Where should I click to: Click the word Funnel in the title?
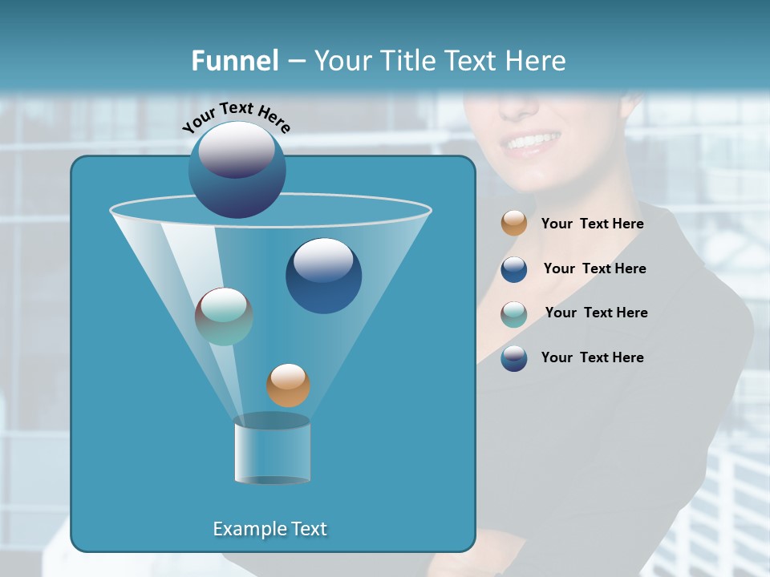234,61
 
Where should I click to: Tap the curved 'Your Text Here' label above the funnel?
237,118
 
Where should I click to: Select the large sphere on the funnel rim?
237,169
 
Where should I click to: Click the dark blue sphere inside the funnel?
323,276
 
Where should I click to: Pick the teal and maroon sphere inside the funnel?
224,317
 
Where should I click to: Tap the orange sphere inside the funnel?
288,385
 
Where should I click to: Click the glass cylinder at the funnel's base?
272,450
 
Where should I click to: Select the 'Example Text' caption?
269,529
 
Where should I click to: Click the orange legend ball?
514,224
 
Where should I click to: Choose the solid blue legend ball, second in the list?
514,269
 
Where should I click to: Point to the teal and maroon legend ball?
514,313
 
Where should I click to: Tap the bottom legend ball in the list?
514,358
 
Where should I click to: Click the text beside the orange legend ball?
592,224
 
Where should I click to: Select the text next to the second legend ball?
594,269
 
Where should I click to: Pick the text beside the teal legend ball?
596,313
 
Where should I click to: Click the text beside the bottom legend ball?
592,358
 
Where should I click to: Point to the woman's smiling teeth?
532,143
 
